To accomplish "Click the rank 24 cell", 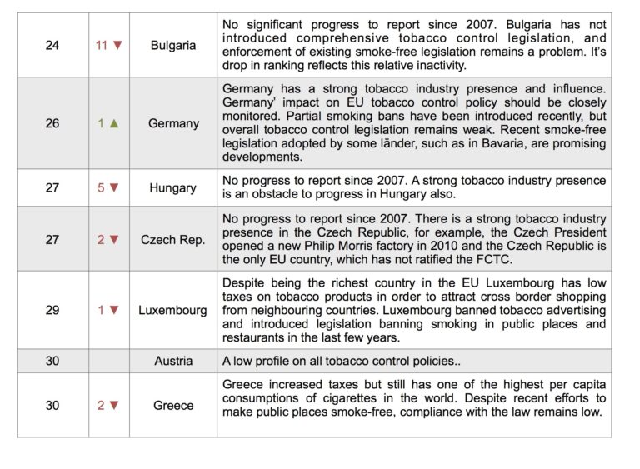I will [x=52, y=45].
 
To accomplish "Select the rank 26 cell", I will [x=52, y=123].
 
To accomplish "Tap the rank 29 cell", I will [x=52, y=310].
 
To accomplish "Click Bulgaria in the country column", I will [x=173, y=45].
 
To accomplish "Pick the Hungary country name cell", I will [x=172, y=187].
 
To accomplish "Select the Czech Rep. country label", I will [x=173, y=240].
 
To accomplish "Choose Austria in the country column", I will [x=173, y=361].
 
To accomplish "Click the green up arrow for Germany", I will [x=114, y=123].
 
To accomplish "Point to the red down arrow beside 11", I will [x=117, y=45].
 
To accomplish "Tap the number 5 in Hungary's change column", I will [x=101, y=187].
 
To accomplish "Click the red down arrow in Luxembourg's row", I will [x=114, y=310].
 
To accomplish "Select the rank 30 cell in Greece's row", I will [x=52, y=406].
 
